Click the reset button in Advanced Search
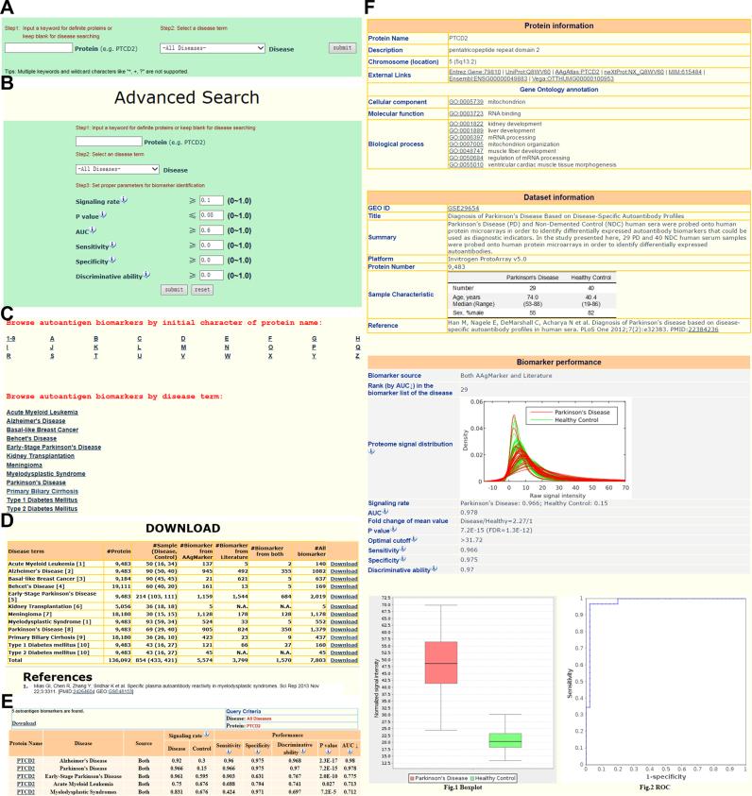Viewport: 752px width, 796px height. (200, 289)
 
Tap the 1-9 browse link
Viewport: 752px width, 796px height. (10, 338)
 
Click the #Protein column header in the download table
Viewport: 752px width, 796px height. (118, 550)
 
